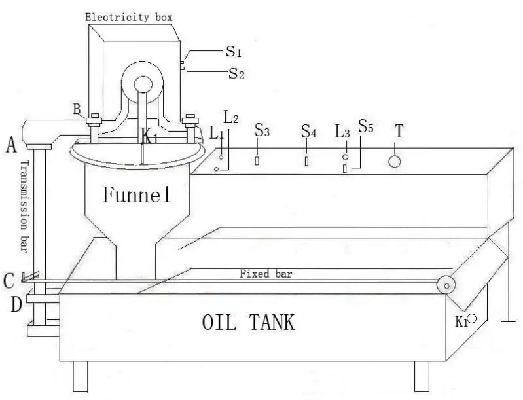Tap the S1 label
point(234,51)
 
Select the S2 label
point(236,73)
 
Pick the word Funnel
point(135,194)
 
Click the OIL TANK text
point(248,322)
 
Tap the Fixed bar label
point(265,274)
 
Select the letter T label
point(398,132)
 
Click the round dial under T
point(394,161)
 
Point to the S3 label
point(262,131)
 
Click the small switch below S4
point(306,161)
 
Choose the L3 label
point(343,131)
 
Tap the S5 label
point(365,126)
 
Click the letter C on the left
point(8,281)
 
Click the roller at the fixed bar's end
point(448,285)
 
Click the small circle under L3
point(345,157)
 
